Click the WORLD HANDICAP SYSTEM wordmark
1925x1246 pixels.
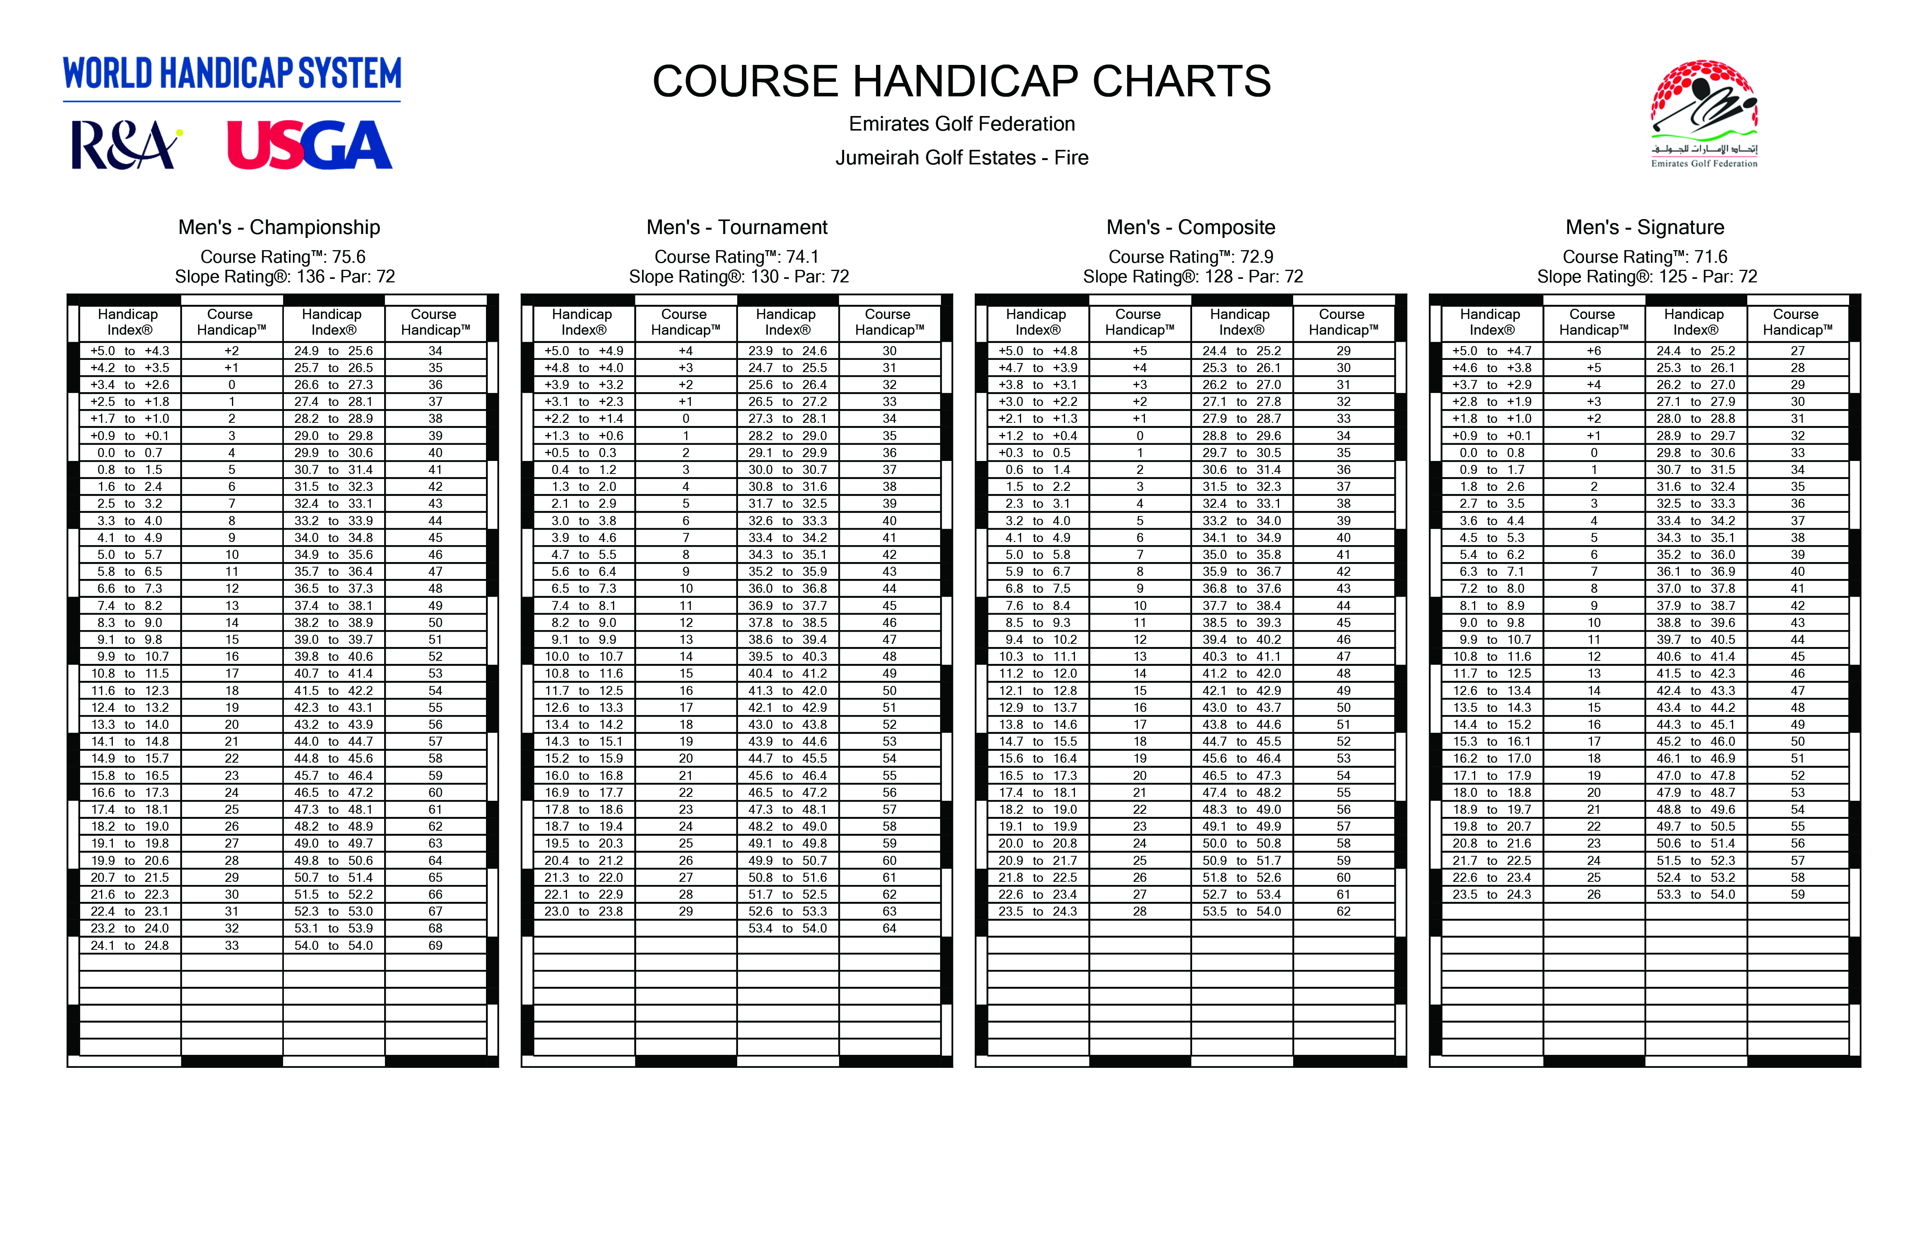(232, 74)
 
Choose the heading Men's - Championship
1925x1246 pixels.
(279, 227)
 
